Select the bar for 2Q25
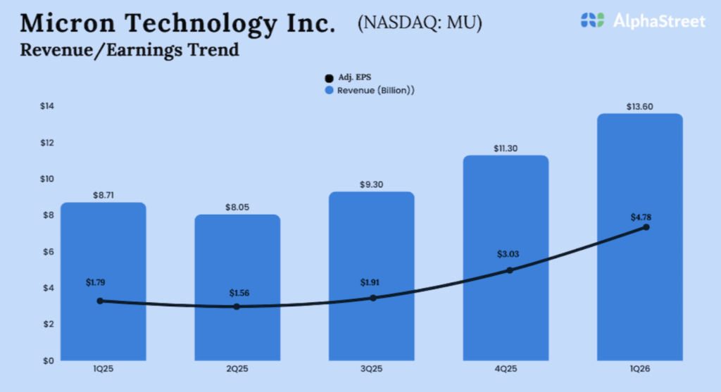click(x=237, y=331)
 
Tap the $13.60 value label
click(x=640, y=106)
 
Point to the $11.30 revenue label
click(x=506, y=148)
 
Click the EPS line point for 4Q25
click(x=510, y=270)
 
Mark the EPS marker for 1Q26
click(x=646, y=227)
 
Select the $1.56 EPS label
click(x=237, y=291)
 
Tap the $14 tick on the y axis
click(x=46, y=106)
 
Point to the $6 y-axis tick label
click(x=47, y=252)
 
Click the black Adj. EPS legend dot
click(x=328, y=78)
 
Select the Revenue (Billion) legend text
click(x=375, y=91)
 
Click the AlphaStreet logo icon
click(x=592, y=20)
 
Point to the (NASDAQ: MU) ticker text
click(x=420, y=23)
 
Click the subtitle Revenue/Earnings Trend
click(x=130, y=51)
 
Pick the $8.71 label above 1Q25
click(x=103, y=195)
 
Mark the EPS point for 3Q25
click(x=373, y=298)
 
